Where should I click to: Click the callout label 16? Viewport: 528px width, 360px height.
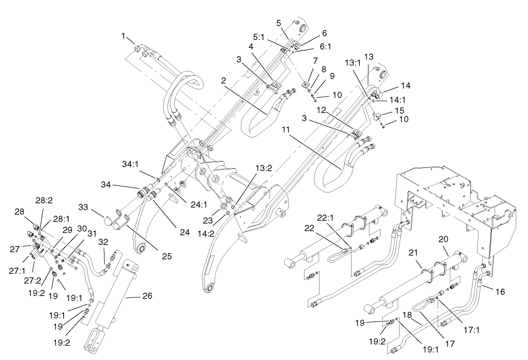click(500, 292)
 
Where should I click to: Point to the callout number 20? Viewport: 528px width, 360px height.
click(443, 239)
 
